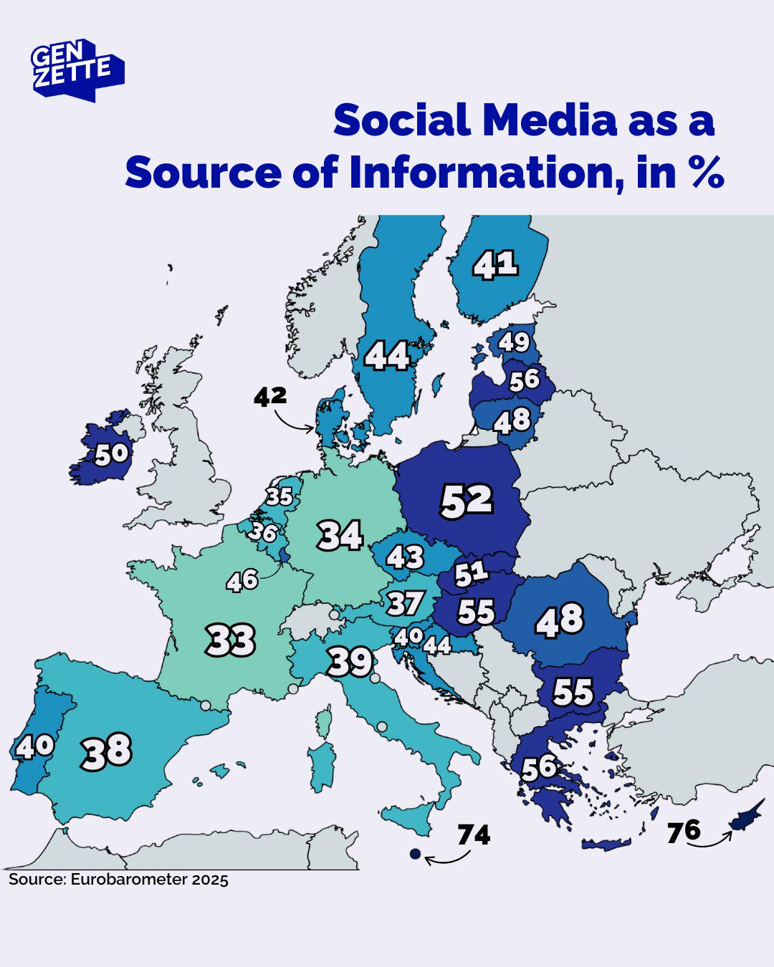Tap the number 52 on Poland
[x=467, y=501]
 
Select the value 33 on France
[x=230, y=640]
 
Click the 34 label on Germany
[x=340, y=535]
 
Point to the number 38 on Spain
[x=107, y=751]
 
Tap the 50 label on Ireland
[x=111, y=454]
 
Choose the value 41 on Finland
[x=495, y=265]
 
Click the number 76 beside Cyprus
[x=683, y=832]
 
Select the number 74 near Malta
[x=474, y=835]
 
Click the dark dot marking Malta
[x=414, y=854]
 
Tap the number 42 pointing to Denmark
[x=270, y=397]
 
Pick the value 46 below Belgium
[x=242, y=579]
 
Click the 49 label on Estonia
[x=514, y=342]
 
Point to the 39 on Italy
[x=350, y=663]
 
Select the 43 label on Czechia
[x=405, y=557]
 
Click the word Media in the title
[x=549, y=120]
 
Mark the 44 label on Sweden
[x=387, y=355]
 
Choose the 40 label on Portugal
[x=34, y=746]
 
